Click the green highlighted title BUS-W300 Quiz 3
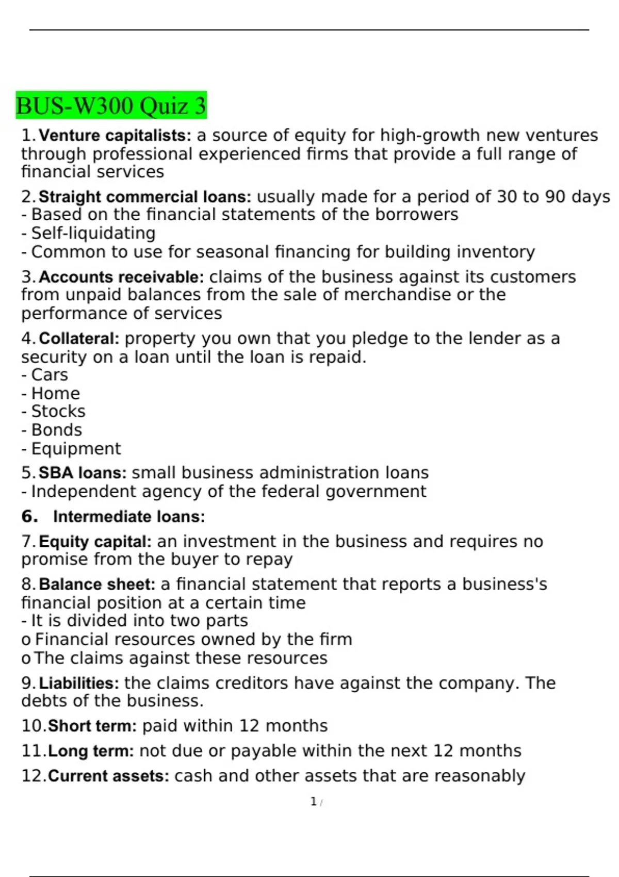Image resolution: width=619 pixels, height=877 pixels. point(111,106)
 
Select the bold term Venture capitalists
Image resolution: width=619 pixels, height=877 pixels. point(115,136)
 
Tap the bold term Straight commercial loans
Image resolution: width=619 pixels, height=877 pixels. point(145,197)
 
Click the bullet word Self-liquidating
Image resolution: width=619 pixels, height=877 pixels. point(93,233)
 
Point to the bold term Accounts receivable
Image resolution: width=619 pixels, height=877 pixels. point(122,277)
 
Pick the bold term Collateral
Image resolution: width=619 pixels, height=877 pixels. point(79,339)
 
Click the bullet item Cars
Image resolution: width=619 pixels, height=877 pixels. point(50,375)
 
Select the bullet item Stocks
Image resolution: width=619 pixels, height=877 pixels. point(58,412)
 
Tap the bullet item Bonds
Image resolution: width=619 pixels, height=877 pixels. point(57,430)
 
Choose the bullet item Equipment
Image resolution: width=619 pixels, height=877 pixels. point(76,449)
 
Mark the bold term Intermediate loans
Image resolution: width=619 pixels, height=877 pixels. point(129,517)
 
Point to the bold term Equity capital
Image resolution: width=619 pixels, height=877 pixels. point(95,542)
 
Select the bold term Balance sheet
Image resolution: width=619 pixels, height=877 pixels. point(97,584)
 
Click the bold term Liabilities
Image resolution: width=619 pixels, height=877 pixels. point(79,684)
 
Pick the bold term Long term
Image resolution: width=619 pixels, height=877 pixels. point(91,751)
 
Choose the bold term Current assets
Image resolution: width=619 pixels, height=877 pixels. point(108,776)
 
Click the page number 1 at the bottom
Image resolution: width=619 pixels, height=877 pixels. point(313,802)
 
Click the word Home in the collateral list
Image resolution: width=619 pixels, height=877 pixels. point(56,394)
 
